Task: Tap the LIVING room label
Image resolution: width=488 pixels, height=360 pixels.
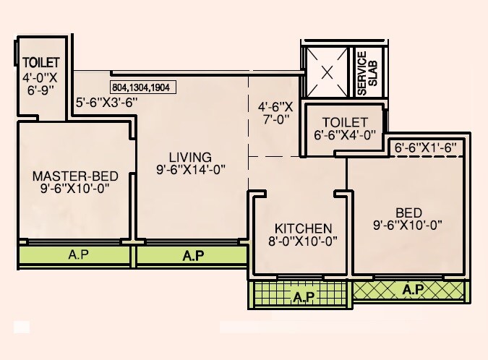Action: pyautogui.click(x=190, y=157)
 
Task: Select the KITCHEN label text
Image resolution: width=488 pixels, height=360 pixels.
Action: pyautogui.click(x=303, y=228)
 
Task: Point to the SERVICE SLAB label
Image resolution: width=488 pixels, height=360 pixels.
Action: pyautogui.click(x=368, y=73)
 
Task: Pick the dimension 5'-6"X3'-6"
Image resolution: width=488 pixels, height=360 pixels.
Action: pyautogui.click(x=106, y=103)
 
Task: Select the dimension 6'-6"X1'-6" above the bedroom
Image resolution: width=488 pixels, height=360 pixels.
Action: pyautogui.click(x=427, y=147)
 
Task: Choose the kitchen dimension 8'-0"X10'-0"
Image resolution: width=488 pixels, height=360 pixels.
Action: pyautogui.click(x=303, y=241)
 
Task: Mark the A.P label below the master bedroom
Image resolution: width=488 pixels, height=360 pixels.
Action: pyautogui.click(x=76, y=254)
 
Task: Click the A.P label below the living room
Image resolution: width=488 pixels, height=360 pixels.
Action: pyautogui.click(x=193, y=255)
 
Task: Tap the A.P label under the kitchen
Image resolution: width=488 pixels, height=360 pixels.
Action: pyautogui.click(x=303, y=296)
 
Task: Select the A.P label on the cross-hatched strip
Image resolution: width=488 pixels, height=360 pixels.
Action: pyautogui.click(x=413, y=290)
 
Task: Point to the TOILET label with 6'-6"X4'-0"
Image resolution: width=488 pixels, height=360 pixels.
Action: pyautogui.click(x=345, y=122)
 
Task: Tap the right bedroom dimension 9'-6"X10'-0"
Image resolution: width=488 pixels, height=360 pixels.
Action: pyautogui.click(x=407, y=225)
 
